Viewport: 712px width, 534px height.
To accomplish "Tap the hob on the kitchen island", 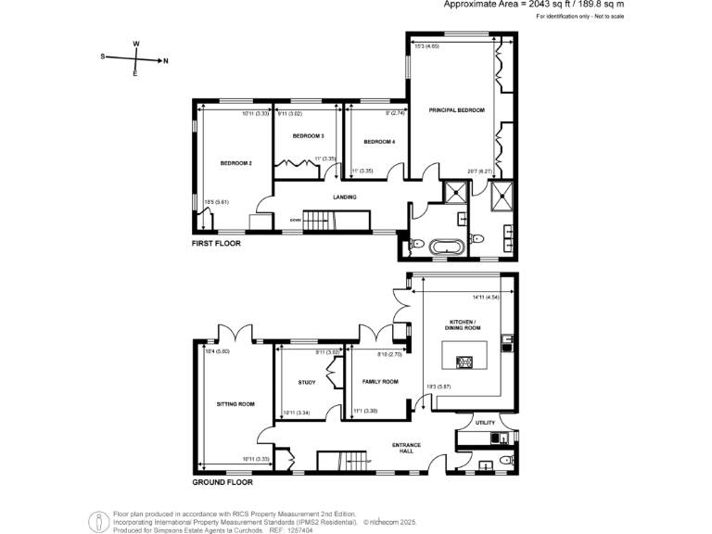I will point(464,361).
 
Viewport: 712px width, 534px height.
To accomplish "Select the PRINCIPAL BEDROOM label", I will point(457,110).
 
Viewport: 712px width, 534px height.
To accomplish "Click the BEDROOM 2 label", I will point(235,163).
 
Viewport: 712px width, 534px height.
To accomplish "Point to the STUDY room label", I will point(307,382).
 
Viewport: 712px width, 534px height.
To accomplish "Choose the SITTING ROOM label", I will point(235,404).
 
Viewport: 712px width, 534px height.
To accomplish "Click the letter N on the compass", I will point(165,61).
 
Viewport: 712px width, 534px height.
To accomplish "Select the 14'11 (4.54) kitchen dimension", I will point(487,298).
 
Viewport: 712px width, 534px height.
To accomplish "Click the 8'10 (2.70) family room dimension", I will point(389,353).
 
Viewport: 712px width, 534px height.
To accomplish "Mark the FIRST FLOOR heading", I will point(216,244).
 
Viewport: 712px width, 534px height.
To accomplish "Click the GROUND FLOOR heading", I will point(222,482).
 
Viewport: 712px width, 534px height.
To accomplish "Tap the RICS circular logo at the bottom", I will point(98,522).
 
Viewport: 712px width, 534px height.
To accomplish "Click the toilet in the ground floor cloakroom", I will point(505,460).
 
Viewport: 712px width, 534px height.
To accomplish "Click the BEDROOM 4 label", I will point(379,142).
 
